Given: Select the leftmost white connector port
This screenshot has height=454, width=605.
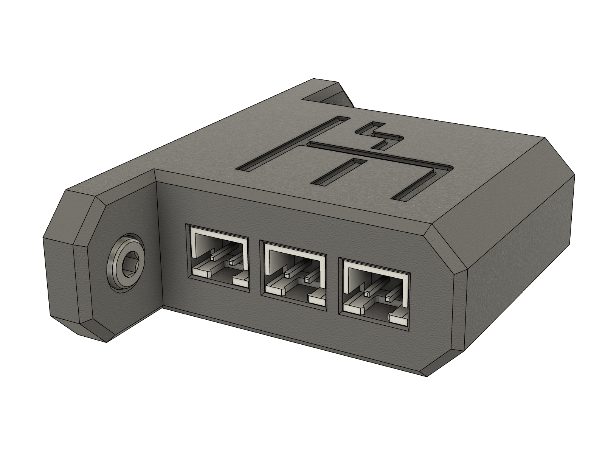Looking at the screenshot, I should click(217, 260).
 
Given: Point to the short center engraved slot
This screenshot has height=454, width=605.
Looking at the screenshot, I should click(339, 173).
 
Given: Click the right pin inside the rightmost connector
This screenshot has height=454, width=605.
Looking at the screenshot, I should click(388, 299).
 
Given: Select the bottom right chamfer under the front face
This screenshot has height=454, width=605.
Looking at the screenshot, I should click(446, 359).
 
